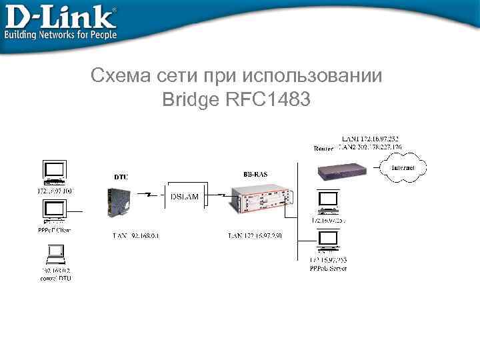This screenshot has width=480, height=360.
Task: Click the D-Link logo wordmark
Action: tap(60, 16)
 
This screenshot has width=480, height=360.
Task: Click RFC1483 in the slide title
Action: tap(269, 101)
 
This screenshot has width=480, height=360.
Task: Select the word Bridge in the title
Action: tap(191, 101)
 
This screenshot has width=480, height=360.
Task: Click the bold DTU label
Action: tap(121, 177)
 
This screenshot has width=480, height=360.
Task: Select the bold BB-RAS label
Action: tap(256, 173)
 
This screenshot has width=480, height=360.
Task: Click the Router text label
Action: tap(323, 149)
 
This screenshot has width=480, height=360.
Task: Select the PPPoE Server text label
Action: tap(328, 268)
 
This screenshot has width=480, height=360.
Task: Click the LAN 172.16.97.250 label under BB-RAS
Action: tap(255, 235)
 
